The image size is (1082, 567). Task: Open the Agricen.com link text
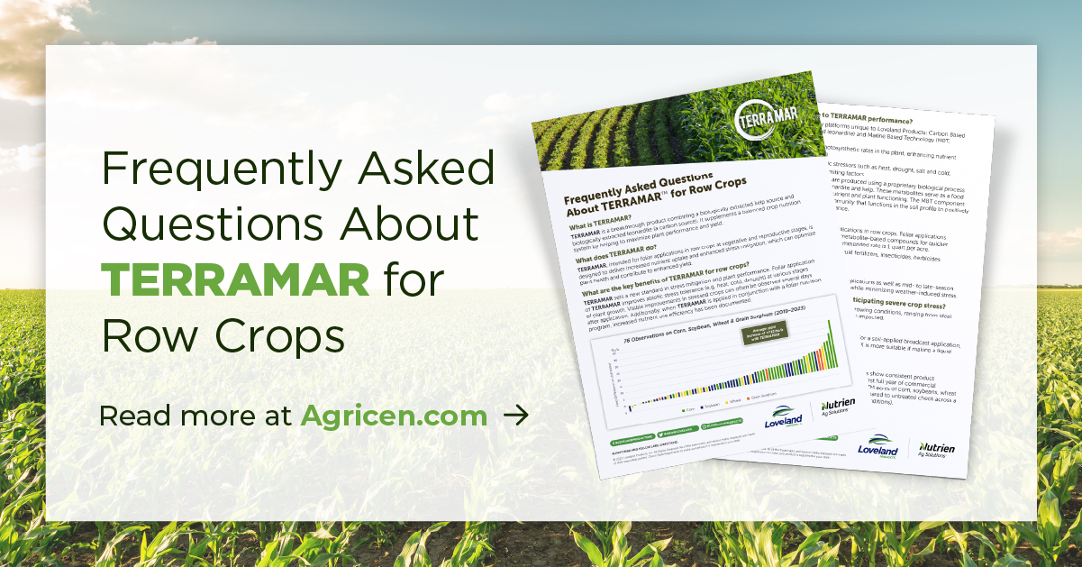click(x=394, y=416)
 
